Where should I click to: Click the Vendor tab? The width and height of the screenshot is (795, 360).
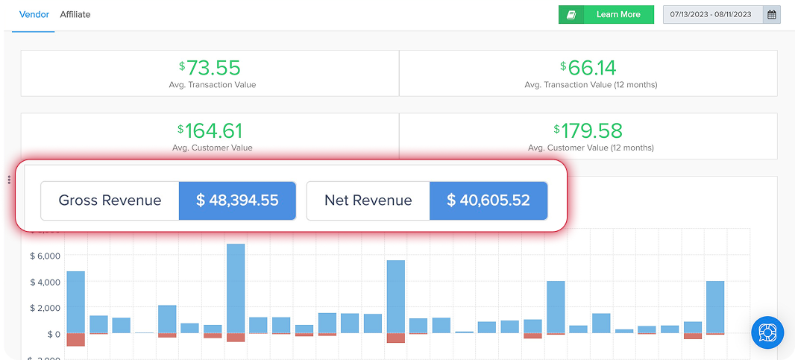pyautogui.click(x=34, y=14)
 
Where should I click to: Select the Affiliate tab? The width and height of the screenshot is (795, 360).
pyautogui.click(x=75, y=14)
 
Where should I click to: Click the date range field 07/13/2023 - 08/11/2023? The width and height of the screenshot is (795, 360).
pyautogui.click(x=711, y=15)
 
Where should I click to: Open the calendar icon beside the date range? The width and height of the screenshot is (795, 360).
pyautogui.click(x=772, y=15)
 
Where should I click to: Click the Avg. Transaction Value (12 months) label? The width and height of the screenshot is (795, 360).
pyautogui.click(x=591, y=85)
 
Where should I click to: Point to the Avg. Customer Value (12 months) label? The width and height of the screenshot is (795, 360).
pyautogui.click(x=591, y=148)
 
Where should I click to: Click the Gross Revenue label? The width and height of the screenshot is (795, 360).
pyautogui.click(x=110, y=200)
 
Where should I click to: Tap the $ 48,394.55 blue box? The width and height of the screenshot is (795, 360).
pyautogui.click(x=237, y=200)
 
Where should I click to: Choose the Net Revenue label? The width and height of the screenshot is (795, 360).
pyautogui.click(x=368, y=200)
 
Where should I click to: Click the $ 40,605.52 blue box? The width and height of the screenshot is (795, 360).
pyautogui.click(x=488, y=200)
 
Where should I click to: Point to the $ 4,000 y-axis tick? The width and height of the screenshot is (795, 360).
pyautogui.click(x=45, y=282)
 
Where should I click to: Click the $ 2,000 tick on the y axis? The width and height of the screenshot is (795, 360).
pyautogui.click(x=45, y=309)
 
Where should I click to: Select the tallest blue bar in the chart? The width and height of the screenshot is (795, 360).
pyautogui.click(x=236, y=288)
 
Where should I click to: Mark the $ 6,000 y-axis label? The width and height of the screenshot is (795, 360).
pyautogui.click(x=45, y=256)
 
